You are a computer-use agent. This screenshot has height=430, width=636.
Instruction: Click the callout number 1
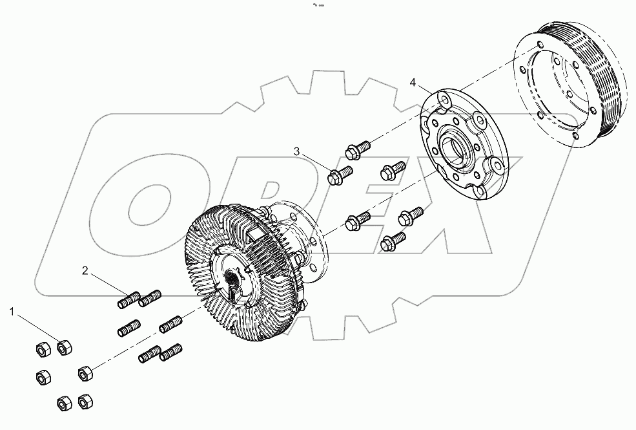click(x=11, y=312)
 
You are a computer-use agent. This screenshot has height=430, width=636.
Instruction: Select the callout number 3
click(x=297, y=151)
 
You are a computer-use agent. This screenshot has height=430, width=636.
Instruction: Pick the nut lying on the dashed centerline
click(x=85, y=373)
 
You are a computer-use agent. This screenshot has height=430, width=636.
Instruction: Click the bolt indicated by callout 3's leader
click(x=340, y=175)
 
